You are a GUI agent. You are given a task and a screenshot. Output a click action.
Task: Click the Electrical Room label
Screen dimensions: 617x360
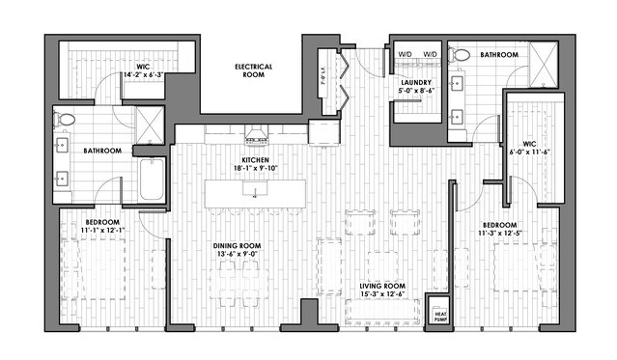click(253, 70)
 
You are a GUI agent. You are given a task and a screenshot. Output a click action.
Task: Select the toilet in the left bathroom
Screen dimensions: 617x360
click(65, 120)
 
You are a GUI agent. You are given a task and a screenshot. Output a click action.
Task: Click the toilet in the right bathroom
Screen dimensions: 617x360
click(459, 55)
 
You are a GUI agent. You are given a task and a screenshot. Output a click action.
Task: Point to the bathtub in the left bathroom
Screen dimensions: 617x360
click(152, 180)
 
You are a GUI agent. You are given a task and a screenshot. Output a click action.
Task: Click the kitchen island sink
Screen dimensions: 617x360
click(255, 188)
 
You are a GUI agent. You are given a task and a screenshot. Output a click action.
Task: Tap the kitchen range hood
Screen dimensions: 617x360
click(256, 133)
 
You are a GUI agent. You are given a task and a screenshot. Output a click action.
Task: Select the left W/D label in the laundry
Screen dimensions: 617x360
click(405, 54)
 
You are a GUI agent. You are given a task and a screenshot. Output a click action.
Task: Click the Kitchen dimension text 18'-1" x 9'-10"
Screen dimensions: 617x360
click(255, 168)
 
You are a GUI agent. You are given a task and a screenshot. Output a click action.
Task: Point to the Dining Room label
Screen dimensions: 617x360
click(237, 246)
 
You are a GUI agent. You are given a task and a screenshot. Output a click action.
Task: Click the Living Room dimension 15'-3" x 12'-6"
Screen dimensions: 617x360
click(382, 294)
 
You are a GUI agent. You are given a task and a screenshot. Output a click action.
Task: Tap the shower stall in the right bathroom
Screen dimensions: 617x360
click(544, 65)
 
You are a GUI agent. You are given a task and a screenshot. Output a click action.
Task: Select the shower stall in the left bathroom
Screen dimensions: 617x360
click(150, 125)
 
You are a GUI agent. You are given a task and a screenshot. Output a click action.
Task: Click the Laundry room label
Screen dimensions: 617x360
click(416, 83)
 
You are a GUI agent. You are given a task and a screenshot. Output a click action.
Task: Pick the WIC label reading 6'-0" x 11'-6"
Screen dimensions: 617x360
click(529, 148)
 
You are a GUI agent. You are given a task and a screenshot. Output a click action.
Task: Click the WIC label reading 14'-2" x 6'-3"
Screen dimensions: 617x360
click(143, 70)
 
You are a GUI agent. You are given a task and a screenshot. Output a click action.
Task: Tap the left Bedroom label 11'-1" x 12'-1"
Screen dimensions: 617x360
click(102, 226)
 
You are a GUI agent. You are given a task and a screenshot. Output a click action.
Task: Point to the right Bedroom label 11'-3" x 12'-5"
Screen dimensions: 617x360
click(500, 229)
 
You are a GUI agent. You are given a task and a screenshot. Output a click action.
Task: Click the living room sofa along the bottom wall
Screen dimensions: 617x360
click(382, 312)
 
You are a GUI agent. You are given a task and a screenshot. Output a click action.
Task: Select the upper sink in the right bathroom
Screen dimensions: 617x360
click(457, 83)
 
